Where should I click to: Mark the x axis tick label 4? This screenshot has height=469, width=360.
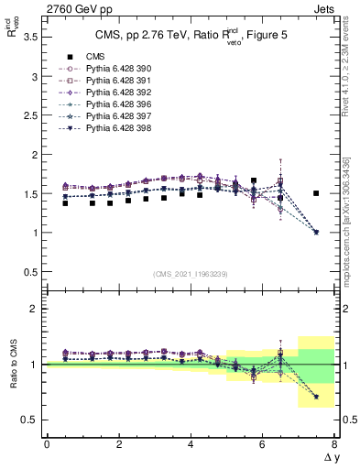(191, 444)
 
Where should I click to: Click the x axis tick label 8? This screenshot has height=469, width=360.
(334, 444)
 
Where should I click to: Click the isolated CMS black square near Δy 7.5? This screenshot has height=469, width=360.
(316, 193)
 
